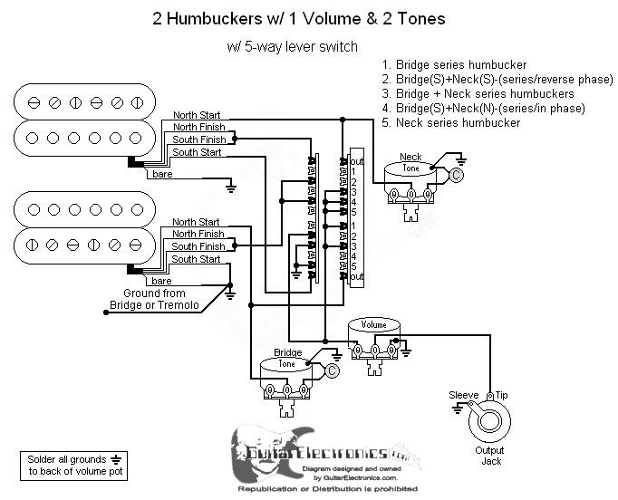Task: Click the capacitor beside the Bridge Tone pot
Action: (x=332, y=370)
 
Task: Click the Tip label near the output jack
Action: (x=502, y=396)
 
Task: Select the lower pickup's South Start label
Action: (x=196, y=259)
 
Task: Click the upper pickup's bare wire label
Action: (x=162, y=172)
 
